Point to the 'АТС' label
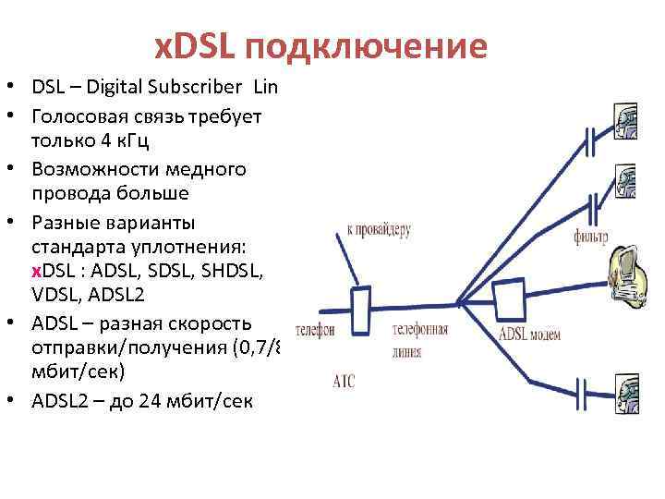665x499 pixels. pyautogui.click(x=343, y=380)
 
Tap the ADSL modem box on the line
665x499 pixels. pyautogui.click(x=511, y=298)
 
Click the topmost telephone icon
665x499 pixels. pyautogui.click(x=625, y=123)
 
